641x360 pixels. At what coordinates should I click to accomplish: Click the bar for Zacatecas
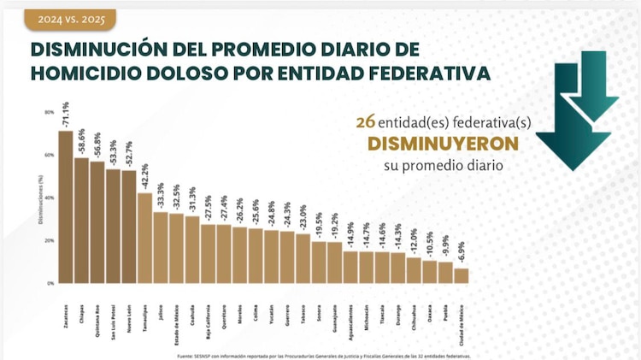tap(66, 206)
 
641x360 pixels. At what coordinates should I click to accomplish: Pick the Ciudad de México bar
tap(461, 275)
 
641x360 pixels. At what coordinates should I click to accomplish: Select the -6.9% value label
tap(462, 254)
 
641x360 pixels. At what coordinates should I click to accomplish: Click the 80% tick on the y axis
tap(50, 112)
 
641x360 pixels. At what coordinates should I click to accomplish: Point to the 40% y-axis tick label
tap(50, 198)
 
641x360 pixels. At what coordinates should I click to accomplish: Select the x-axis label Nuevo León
tap(129, 316)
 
